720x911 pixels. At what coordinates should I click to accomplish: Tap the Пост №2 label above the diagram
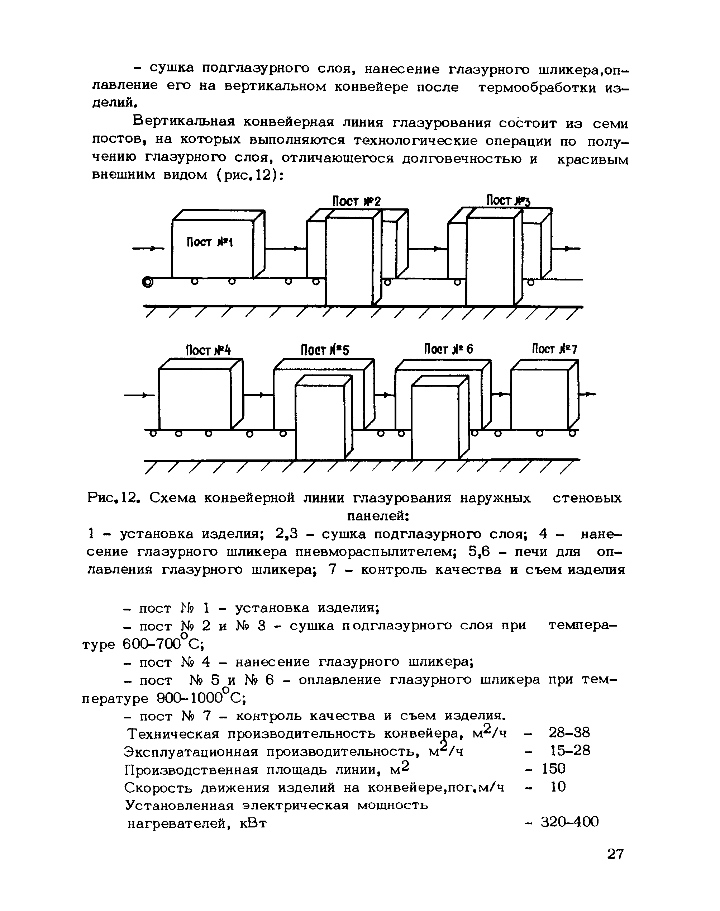tap(356, 202)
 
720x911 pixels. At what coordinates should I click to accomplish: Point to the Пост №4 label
tap(209, 350)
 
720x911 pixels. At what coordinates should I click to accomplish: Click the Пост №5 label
tap(325, 350)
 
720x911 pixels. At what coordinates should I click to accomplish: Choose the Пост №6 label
tap(449, 349)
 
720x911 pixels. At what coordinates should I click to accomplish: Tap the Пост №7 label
tap(554, 349)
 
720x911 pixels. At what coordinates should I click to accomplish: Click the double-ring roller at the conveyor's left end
tap(148, 282)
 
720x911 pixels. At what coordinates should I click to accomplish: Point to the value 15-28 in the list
tap(570, 750)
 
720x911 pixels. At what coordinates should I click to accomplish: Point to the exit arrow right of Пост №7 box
tap(588, 394)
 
